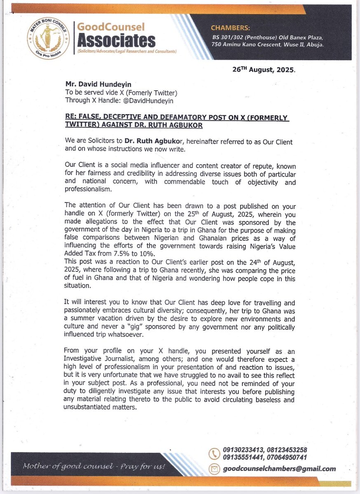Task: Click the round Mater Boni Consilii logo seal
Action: click(48, 37)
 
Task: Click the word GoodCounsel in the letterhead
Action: click(111, 27)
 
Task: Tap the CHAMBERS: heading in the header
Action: click(230, 28)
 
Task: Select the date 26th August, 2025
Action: click(264, 70)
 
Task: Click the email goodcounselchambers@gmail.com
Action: click(279, 468)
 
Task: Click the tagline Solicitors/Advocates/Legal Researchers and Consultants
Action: click(126, 51)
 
